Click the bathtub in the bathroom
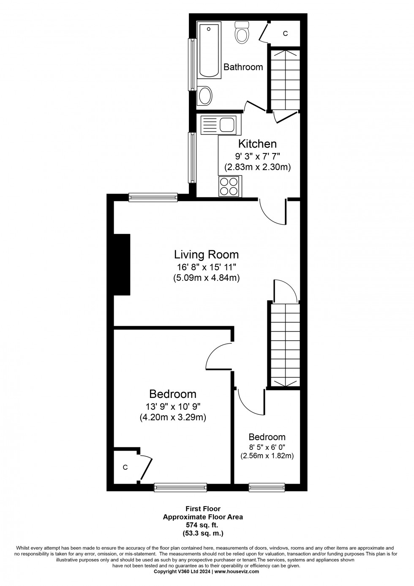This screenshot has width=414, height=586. (x=210, y=51)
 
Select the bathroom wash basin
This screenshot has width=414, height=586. (x=205, y=96)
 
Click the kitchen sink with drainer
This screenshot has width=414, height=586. (x=218, y=125)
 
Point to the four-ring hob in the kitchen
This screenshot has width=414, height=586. (x=229, y=186)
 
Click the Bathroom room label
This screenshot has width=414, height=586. (x=243, y=67)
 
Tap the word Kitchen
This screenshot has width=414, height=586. (x=257, y=144)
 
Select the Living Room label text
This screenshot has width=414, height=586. (x=206, y=255)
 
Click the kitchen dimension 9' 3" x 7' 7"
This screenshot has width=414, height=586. (x=257, y=156)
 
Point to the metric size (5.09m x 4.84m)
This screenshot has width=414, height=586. (x=206, y=278)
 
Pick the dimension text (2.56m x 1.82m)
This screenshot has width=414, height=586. (x=267, y=456)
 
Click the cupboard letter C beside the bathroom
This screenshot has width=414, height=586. (x=285, y=33)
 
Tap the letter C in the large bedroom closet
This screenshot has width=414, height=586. (x=125, y=467)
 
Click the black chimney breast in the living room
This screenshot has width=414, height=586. (x=122, y=264)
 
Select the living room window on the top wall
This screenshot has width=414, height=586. (x=153, y=197)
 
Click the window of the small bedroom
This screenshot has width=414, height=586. (x=267, y=487)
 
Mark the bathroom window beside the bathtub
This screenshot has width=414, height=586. (x=192, y=64)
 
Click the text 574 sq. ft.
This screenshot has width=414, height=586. (x=203, y=523)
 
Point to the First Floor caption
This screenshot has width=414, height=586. (x=203, y=509)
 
